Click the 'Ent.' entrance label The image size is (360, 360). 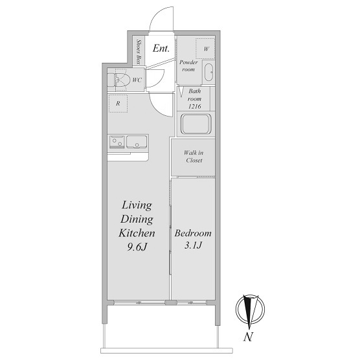[x=161, y=49]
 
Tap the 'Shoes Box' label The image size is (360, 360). [x=139, y=52]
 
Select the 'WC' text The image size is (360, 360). [x=137, y=80]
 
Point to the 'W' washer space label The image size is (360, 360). [x=207, y=49]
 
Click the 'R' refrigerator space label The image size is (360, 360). [x=118, y=104]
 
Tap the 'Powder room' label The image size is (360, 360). [x=188, y=65]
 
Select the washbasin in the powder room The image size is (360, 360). [x=208, y=73]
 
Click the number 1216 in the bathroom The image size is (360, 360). [x=195, y=106]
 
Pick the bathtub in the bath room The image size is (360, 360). [x=196, y=124]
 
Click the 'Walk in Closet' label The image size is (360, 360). [x=194, y=156]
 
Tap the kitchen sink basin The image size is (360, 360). [x=137, y=142]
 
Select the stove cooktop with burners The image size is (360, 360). [x=117, y=142]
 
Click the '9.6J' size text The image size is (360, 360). [x=137, y=247]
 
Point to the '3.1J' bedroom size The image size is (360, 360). [x=193, y=245]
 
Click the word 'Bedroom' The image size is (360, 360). [x=193, y=233]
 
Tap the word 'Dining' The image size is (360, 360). [x=137, y=219]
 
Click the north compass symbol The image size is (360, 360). [x=251, y=309]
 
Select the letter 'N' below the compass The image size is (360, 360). [x=248, y=337]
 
